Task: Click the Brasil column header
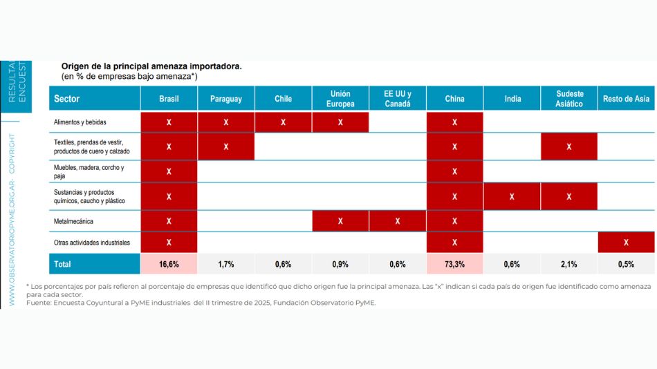[x=169, y=99]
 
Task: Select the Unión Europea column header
[x=340, y=99]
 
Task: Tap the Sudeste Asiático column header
[x=569, y=99]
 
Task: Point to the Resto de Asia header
[x=626, y=99]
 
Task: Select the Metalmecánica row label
[x=73, y=221]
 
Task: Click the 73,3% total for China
[x=454, y=264]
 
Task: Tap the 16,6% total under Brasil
[x=169, y=264]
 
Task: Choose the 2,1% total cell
[x=569, y=264]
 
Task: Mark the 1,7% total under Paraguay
[x=226, y=264]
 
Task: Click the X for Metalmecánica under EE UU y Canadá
[x=398, y=221]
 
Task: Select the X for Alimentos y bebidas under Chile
[x=283, y=122]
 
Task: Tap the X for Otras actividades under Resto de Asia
[x=626, y=243]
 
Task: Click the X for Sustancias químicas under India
[x=512, y=196]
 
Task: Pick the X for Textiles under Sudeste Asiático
[x=569, y=146]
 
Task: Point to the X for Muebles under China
[x=454, y=171]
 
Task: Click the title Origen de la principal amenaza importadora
[x=151, y=66]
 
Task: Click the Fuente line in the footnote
[x=201, y=302]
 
